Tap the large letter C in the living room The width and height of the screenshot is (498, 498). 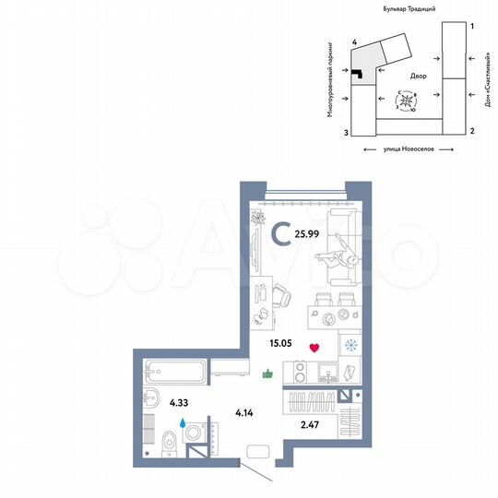point(280,235)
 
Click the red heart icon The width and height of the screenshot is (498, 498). point(314,348)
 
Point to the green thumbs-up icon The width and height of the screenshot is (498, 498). point(267,373)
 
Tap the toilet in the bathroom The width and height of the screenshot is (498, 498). point(170,441)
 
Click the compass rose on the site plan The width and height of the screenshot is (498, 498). point(407,100)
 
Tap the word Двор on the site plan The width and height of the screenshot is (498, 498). point(409,77)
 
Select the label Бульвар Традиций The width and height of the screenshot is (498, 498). point(409,7)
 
